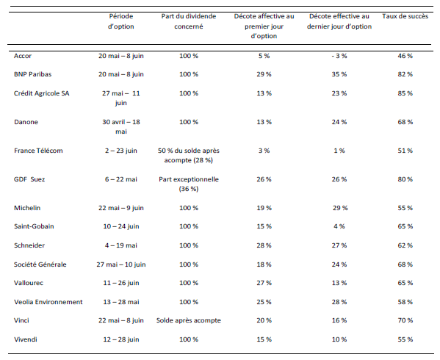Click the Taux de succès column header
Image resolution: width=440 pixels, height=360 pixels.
[405, 16]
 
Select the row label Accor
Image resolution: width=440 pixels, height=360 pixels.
[23, 56]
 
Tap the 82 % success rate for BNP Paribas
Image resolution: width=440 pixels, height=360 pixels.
[405, 74]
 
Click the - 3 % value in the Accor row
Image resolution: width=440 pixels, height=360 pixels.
[339, 56]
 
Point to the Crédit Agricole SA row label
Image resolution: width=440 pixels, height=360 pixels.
[42, 93]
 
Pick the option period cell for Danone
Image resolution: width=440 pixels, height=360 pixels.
[121, 126]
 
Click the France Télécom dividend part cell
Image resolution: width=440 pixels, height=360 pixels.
[189, 156]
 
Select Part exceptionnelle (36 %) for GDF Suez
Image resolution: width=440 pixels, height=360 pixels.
[189, 184]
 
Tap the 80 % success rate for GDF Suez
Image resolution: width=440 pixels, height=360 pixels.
[405, 179]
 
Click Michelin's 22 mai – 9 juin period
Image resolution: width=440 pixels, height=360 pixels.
[121, 208]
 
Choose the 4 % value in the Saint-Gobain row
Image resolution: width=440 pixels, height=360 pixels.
[339, 226]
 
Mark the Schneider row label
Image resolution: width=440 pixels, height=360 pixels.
[29, 245]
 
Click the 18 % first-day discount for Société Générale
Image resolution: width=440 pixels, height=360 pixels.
[264, 264]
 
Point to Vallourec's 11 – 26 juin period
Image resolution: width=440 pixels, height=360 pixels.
[121, 283]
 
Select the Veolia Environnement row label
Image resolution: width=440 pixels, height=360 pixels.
[48, 302]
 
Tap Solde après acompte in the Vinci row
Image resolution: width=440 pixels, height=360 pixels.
[189, 320]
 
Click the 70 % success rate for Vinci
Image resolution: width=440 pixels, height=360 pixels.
[405, 320]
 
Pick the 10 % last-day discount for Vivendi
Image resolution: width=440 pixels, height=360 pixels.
[339, 339]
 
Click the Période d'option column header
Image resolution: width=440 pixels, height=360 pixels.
[121, 21]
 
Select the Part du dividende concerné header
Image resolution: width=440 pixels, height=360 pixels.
[189, 21]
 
